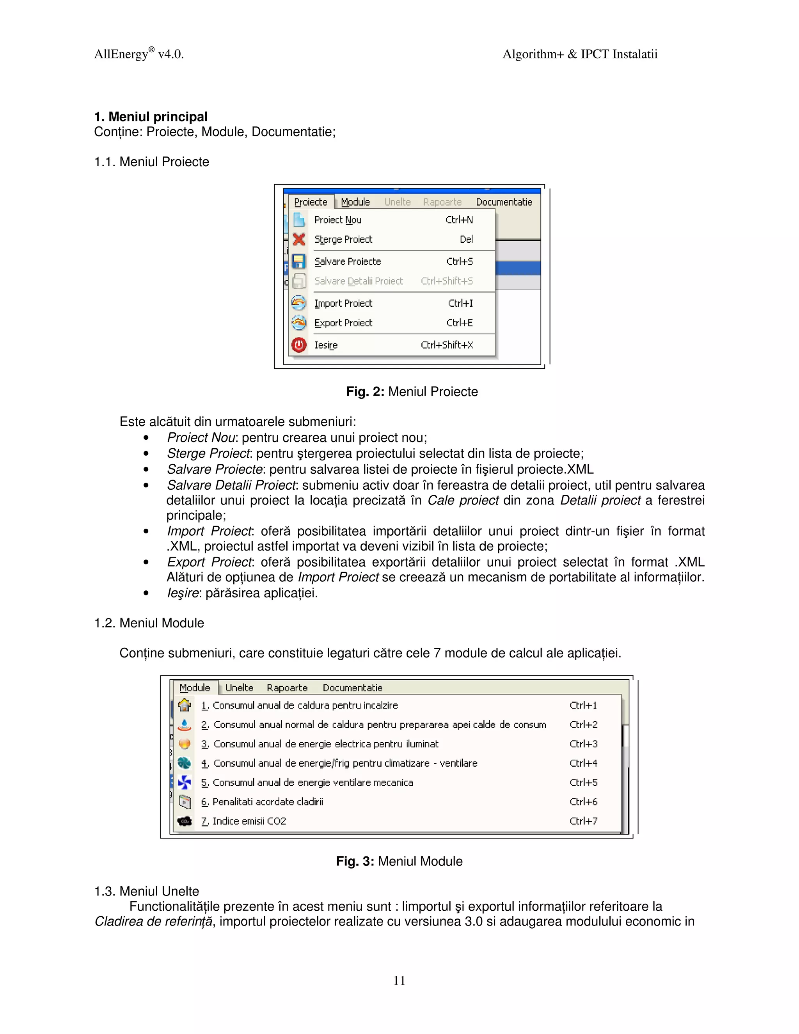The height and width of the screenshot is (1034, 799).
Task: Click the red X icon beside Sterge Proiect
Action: click(x=299, y=239)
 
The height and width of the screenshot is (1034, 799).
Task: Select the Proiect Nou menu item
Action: click(x=338, y=220)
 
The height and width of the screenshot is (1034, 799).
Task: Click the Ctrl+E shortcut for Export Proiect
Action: click(x=459, y=323)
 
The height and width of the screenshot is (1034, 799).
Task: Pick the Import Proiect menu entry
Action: click(x=343, y=304)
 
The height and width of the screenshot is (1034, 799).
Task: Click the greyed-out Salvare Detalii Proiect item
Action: click(x=358, y=281)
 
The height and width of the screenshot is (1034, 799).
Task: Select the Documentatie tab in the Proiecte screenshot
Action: click(x=504, y=202)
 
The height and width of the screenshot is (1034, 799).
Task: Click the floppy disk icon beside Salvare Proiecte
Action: click(x=299, y=261)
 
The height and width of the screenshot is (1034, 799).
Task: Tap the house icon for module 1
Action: click(x=185, y=705)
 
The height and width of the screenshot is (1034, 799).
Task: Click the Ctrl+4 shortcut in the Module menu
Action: click(x=583, y=763)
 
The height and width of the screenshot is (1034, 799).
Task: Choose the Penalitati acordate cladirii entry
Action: click(x=267, y=802)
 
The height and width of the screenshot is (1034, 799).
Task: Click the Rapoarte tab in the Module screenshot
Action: click(x=287, y=688)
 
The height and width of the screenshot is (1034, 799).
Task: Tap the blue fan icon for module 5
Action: click(x=185, y=783)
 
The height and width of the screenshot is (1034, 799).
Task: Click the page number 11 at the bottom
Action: click(x=399, y=981)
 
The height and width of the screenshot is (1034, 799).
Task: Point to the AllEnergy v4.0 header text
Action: click(x=138, y=54)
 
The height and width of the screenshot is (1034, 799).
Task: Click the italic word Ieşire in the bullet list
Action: click(x=183, y=593)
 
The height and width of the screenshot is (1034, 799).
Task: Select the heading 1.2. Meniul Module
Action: click(x=149, y=623)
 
